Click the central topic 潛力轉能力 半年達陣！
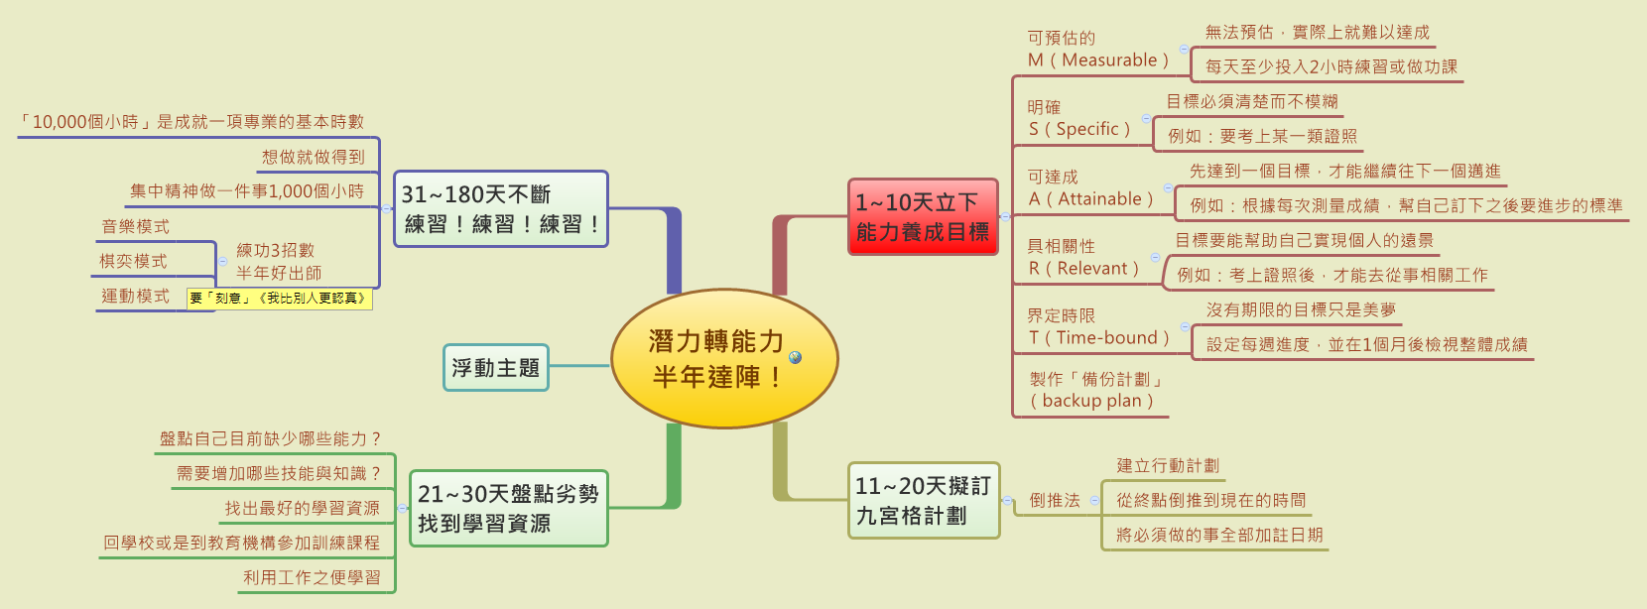tap(724, 358)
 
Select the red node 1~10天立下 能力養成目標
tap(923, 216)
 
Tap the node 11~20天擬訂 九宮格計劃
tap(924, 500)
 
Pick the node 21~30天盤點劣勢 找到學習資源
tap(508, 509)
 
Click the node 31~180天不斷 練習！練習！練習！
tap(501, 208)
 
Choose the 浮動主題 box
tap(495, 367)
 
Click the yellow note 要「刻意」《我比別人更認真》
tap(280, 299)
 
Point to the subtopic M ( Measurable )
tap(1098, 61)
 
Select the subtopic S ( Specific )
tap(1079, 129)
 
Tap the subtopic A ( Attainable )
tap(1091, 199)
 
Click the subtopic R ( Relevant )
tap(1083, 269)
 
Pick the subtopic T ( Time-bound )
tap(1099, 338)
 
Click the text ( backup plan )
tap(1091, 401)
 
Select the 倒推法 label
tap(1055, 500)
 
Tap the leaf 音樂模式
tap(135, 226)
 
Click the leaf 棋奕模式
tap(133, 261)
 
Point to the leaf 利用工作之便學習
tap(312, 577)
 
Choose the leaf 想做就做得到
tap(314, 157)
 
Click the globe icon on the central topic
tap(795, 357)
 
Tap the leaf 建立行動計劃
tap(1168, 466)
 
